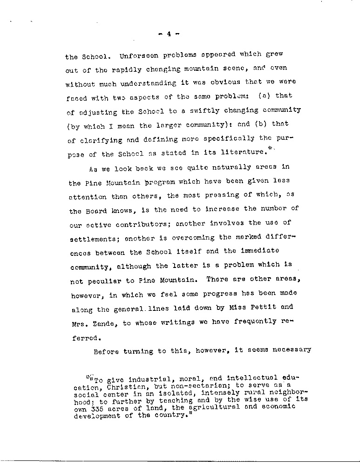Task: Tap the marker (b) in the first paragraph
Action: pyautogui.click(x=264, y=124)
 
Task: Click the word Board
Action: pyautogui.click(x=95, y=211)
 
